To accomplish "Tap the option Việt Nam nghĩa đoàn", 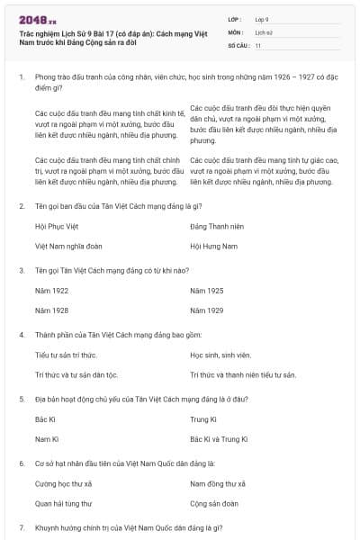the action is point(64,245).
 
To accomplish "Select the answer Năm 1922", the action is point(51,292).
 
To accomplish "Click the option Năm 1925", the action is point(207,292).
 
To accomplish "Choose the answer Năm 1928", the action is point(51,310).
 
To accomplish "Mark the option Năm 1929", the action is point(207,310).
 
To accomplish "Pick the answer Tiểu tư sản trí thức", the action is point(66,355).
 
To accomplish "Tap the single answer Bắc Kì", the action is point(46,419).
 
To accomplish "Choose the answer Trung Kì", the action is point(203,419).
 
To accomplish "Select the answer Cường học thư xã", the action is point(64,484).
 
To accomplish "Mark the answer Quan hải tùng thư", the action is point(63,503).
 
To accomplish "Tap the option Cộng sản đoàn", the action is point(214,503).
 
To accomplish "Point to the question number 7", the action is point(22,526).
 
